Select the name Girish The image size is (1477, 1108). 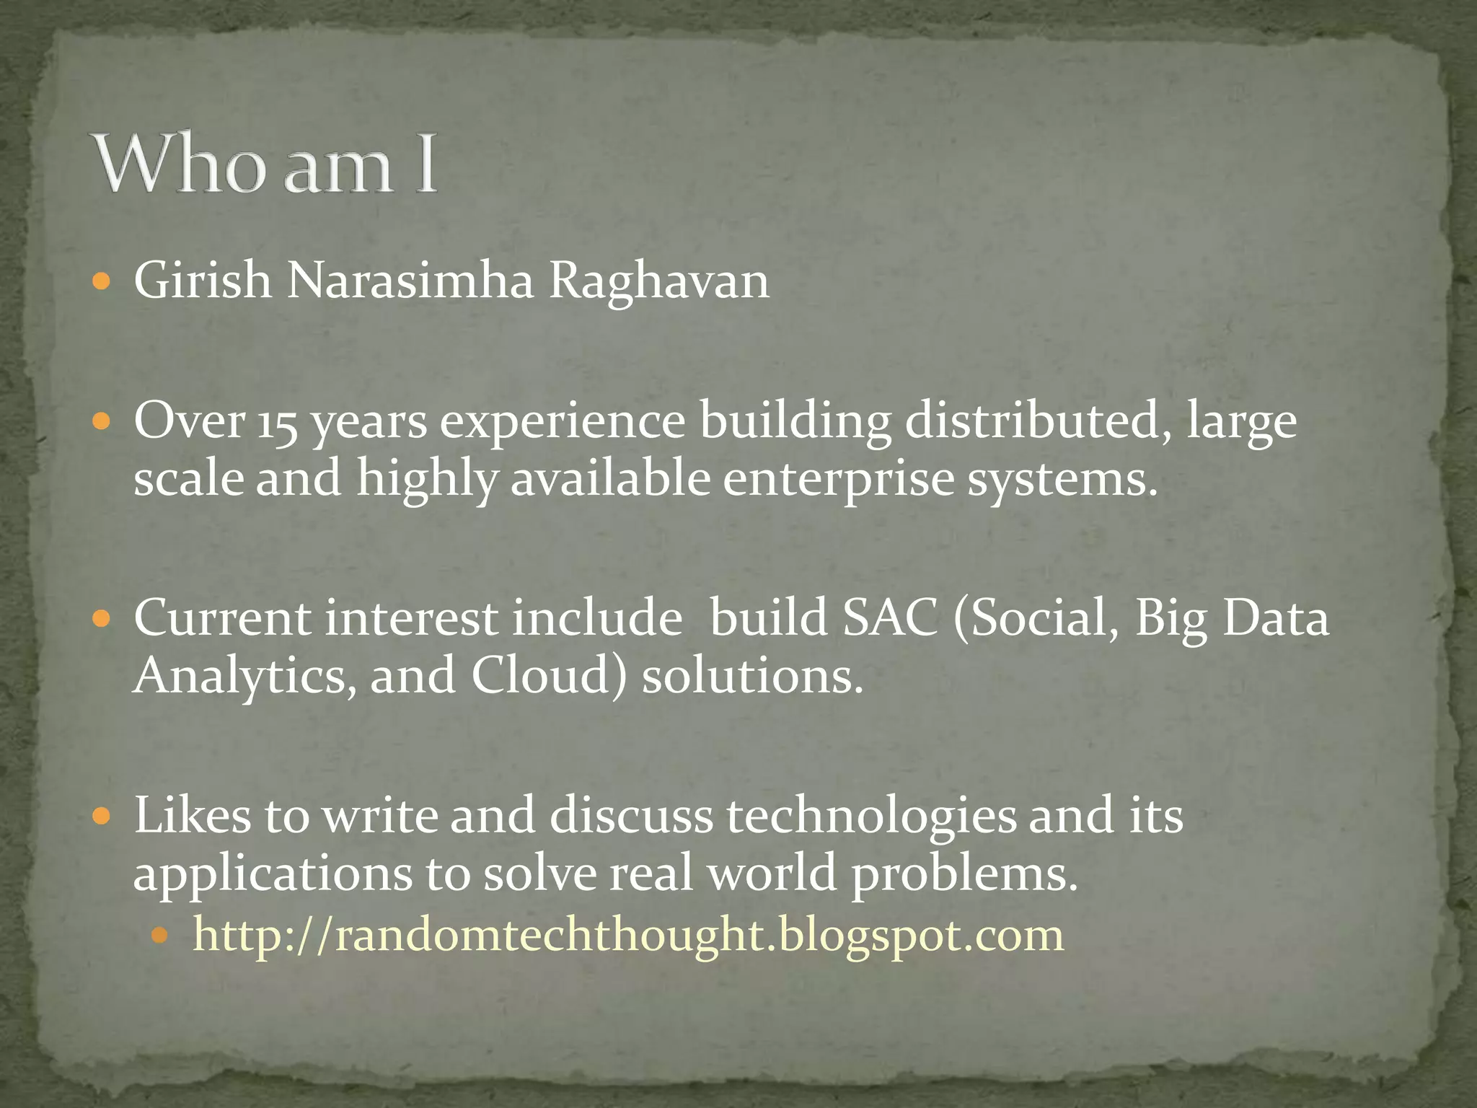[203, 281]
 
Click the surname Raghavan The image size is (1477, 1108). [659, 281]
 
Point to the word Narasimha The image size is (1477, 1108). [410, 281]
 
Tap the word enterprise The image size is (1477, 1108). [839, 479]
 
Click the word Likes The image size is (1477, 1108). [193, 816]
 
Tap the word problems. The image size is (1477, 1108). [964, 874]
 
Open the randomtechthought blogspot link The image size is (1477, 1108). [627, 936]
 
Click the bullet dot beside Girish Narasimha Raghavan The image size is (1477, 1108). [102, 281]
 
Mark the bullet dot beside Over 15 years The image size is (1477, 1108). [102, 421]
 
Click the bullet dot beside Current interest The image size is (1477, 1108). [102, 619]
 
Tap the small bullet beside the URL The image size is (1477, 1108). [159, 936]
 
